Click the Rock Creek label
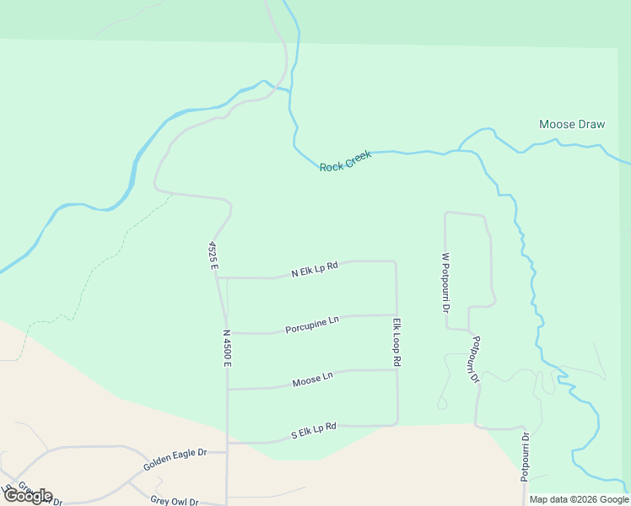(x=345, y=161)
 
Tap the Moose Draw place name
(x=572, y=125)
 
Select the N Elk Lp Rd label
(x=315, y=269)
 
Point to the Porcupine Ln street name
(x=312, y=323)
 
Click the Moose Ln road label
(x=313, y=379)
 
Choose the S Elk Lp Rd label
(x=314, y=432)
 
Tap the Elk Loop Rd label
(x=396, y=342)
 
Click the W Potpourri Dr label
(x=445, y=282)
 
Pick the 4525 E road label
(x=214, y=256)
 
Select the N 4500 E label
(x=227, y=347)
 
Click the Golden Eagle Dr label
(x=175, y=458)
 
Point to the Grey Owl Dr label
(x=175, y=501)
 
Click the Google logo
(x=27, y=496)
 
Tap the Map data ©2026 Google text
(x=579, y=499)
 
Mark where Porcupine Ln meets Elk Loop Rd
(x=397, y=315)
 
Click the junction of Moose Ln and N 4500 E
(x=227, y=389)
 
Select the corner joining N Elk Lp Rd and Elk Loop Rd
(x=396, y=261)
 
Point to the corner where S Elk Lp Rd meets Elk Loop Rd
(x=397, y=424)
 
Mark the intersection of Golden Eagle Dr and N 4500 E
(x=227, y=452)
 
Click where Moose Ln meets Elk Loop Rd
(x=397, y=369)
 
